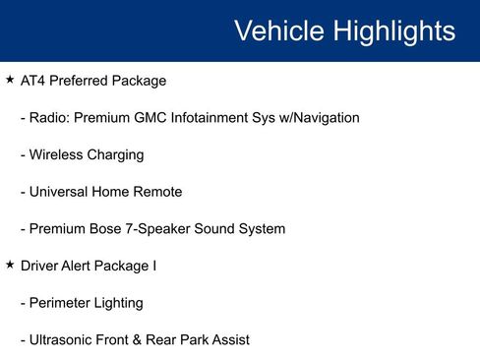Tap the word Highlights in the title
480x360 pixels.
pos(394,30)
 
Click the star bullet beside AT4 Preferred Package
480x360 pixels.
pos(10,80)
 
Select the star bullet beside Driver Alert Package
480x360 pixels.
pos(10,265)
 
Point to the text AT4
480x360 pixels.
pos(33,81)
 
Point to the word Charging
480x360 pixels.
pos(114,155)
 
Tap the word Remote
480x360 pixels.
pos(157,192)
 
